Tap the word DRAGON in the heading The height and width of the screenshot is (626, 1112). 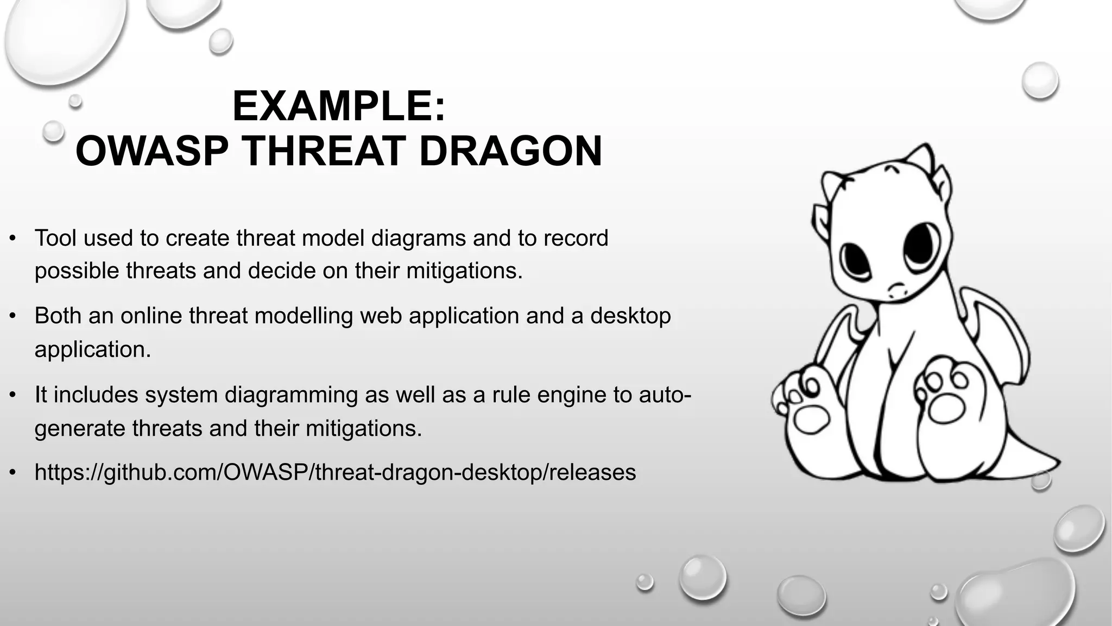(510, 151)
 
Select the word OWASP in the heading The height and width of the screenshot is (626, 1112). (151, 151)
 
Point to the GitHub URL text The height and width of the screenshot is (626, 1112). (335, 472)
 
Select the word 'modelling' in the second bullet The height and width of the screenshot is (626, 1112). (304, 316)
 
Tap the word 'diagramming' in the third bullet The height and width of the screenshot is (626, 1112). (291, 395)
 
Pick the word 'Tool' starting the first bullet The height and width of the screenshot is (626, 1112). (55, 238)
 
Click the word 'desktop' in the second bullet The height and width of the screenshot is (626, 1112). (630, 316)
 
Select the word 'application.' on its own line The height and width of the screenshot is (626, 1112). (92, 349)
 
